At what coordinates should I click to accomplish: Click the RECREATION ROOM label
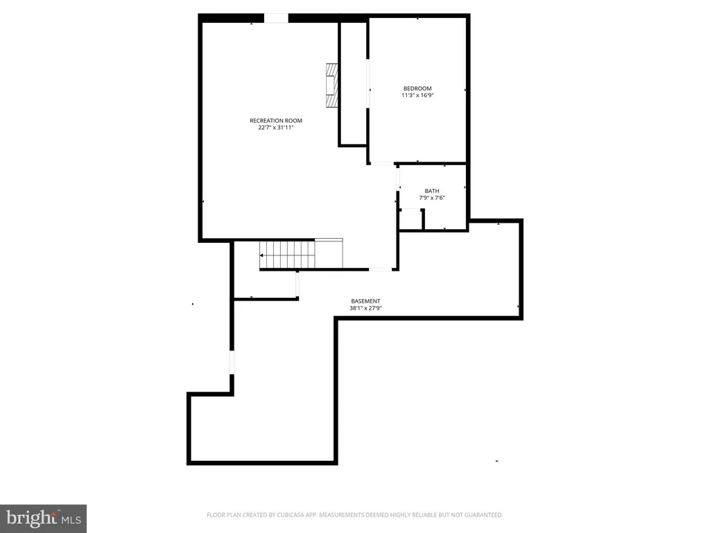[x=276, y=121]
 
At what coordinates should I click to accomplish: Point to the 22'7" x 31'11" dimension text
[x=276, y=128]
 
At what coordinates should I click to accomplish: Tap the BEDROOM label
[x=417, y=88]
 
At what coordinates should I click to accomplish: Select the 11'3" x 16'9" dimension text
[x=417, y=96]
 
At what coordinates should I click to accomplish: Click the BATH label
[x=432, y=191]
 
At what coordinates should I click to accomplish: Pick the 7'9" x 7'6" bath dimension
[x=432, y=198]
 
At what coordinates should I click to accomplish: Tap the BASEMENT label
[x=365, y=301]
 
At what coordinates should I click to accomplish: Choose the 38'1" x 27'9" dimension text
[x=365, y=308]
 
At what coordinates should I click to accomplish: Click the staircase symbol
[x=288, y=255]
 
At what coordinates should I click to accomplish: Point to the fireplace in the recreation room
[x=334, y=85]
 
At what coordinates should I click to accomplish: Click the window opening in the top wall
[x=276, y=18]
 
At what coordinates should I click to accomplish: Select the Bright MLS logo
[x=43, y=518]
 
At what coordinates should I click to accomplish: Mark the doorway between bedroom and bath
[x=381, y=164]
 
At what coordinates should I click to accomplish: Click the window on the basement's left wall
[x=232, y=362]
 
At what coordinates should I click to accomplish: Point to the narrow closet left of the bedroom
[x=352, y=83]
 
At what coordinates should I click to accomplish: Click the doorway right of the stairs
[x=379, y=269]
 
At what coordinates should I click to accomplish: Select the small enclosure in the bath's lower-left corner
[x=411, y=219]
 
